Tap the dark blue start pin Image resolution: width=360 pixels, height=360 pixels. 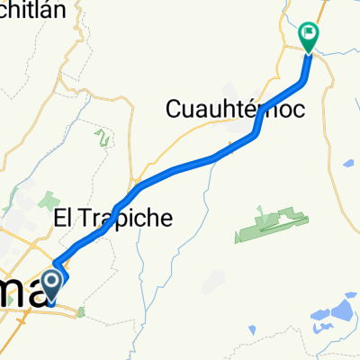tap(52, 287)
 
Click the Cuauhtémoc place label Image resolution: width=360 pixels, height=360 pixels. tap(235, 110)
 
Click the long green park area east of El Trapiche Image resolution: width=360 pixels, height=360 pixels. tap(266, 224)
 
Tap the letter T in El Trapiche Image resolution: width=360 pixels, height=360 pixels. tap(85, 218)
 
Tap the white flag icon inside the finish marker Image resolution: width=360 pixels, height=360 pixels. tap(309, 35)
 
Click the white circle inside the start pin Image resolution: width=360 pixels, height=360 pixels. tap(52, 284)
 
